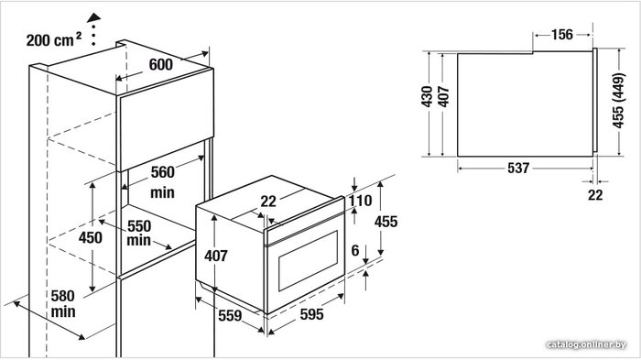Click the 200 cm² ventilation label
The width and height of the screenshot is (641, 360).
(53, 39)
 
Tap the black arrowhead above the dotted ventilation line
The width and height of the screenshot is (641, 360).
(94, 17)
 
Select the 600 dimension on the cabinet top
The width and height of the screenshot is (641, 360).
(160, 64)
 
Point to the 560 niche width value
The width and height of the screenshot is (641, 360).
(163, 172)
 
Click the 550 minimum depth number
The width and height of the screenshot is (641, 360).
(139, 226)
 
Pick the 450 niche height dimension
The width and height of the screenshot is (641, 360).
(91, 237)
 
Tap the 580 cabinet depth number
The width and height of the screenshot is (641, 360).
(63, 296)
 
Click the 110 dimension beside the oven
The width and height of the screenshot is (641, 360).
(360, 201)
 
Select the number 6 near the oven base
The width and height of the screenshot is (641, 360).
(355, 250)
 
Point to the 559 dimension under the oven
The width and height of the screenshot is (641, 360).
(230, 315)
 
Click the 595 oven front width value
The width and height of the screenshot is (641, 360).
(312, 314)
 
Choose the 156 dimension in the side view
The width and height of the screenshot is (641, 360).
(562, 35)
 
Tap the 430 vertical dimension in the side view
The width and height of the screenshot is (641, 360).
(427, 96)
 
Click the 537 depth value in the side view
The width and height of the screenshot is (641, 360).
(518, 168)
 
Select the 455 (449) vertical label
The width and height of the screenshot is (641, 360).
(618, 101)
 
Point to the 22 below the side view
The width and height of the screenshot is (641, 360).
(595, 195)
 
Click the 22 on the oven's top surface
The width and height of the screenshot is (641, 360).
(268, 202)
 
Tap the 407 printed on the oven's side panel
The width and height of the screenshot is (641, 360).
(216, 256)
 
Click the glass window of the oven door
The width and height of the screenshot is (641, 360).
(308, 260)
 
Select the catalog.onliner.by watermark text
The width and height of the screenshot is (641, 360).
(586, 344)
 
